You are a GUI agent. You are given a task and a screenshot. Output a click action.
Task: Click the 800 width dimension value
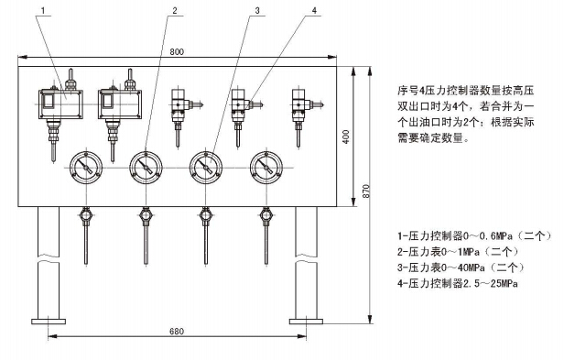[177, 52]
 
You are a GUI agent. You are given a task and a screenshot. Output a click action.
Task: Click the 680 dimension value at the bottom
[177, 332]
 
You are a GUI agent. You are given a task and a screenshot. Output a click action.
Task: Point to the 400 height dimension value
[346, 136]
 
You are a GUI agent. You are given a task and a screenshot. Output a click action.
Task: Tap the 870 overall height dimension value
[366, 191]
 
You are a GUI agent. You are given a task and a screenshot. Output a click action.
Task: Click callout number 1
[43, 10]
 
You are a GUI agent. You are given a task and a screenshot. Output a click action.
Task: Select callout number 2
[175, 10]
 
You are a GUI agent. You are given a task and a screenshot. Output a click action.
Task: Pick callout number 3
[257, 10]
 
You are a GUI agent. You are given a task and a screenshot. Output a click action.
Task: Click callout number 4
[315, 10]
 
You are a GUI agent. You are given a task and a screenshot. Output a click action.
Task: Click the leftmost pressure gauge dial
[86, 168]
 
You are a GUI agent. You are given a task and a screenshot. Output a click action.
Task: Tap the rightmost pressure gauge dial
[266, 168]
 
